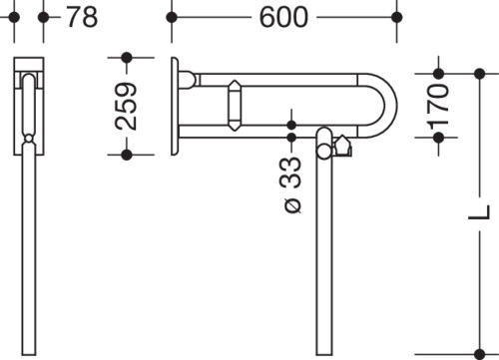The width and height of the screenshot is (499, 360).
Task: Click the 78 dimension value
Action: click(x=82, y=17)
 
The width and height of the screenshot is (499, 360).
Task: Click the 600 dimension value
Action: click(x=283, y=17)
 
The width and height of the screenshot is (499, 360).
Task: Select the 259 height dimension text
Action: click(x=126, y=106)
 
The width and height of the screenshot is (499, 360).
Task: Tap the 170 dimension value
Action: click(x=438, y=107)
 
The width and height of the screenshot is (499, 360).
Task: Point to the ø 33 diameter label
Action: click(x=291, y=184)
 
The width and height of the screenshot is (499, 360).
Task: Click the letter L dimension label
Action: click(x=479, y=212)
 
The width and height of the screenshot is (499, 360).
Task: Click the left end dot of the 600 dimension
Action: click(x=172, y=17)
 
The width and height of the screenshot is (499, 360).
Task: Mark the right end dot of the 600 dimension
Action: click(x=396, y=17)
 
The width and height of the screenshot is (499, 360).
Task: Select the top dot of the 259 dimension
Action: click(x=127, y=58)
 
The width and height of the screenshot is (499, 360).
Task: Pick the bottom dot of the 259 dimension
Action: click(x=127, y=155)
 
